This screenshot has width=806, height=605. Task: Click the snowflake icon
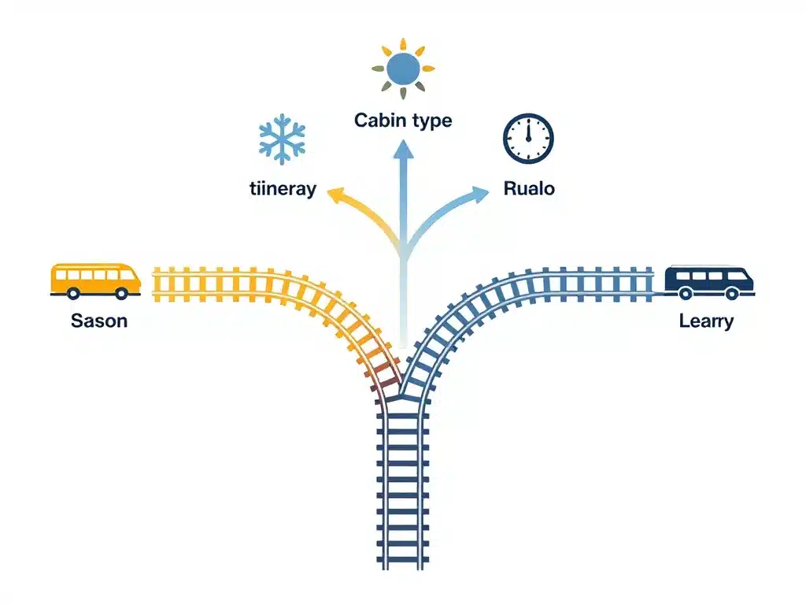tap(281, 137)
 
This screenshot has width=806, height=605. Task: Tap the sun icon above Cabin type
tap(403, 69)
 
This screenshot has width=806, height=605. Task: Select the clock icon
tap(528, 137)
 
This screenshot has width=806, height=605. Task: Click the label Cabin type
tap(403, 121)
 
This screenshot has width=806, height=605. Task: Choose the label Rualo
tap(528, 189)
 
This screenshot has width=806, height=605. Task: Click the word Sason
tap(99, 321)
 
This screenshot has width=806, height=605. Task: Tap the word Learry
tap(706, 321)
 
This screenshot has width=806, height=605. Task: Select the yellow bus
tap(95, 280)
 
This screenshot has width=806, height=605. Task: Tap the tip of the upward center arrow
tap(403, 143)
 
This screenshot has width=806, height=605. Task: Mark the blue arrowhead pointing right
tap(479, 194)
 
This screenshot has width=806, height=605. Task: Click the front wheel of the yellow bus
tap(121, 293)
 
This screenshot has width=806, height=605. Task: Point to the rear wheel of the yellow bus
tap(72, 293)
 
